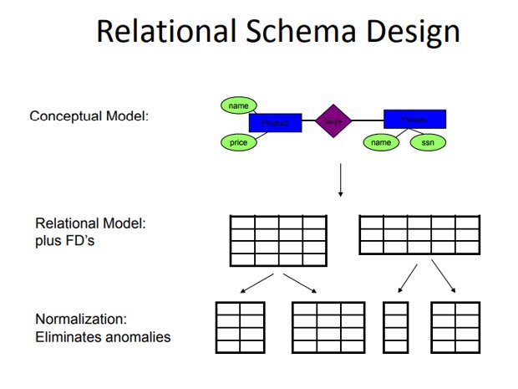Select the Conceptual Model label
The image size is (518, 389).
[89, 115]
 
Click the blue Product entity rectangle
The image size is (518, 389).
[274, 123]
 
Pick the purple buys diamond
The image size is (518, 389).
[333, 121]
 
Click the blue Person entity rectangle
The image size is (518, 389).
[414, 119]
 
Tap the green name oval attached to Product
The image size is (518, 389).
[239, 105]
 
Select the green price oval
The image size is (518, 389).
[239, 143]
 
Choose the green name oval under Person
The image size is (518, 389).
[381, 143]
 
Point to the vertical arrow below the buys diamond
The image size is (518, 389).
[340, 180]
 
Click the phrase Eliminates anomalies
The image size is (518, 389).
[103, 337]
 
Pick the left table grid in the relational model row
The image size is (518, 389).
[278, 240]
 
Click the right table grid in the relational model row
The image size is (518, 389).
[419, 234]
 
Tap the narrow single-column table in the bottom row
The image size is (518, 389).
[395, 326]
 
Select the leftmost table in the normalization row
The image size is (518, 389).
[240, 326]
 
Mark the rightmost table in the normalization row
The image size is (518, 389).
[455, 326]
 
